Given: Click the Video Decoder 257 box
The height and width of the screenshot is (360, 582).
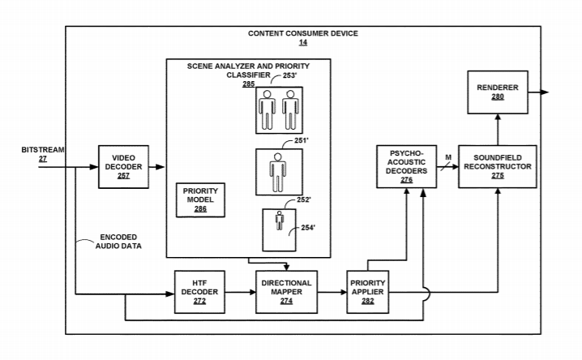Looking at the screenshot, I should [122, 167].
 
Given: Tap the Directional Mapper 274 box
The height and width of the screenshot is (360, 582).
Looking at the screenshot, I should [286, 293].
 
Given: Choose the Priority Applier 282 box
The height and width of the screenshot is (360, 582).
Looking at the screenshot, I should [370, 293].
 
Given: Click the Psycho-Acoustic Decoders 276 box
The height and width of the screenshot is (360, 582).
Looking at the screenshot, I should [406, 167].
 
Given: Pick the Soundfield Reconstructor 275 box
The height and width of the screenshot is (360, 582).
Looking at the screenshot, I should [498, 167].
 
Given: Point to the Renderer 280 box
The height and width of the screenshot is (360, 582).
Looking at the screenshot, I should [498, 92].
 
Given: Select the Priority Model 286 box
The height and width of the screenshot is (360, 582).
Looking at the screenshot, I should [201, 200].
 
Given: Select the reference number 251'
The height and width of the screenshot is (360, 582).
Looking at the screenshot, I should [301, 140].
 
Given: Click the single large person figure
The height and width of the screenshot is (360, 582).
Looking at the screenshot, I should [278, 172].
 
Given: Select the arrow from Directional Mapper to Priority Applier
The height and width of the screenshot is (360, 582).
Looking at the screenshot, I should [329, 293].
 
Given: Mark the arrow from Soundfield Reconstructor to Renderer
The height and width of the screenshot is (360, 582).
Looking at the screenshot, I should [498, 130].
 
